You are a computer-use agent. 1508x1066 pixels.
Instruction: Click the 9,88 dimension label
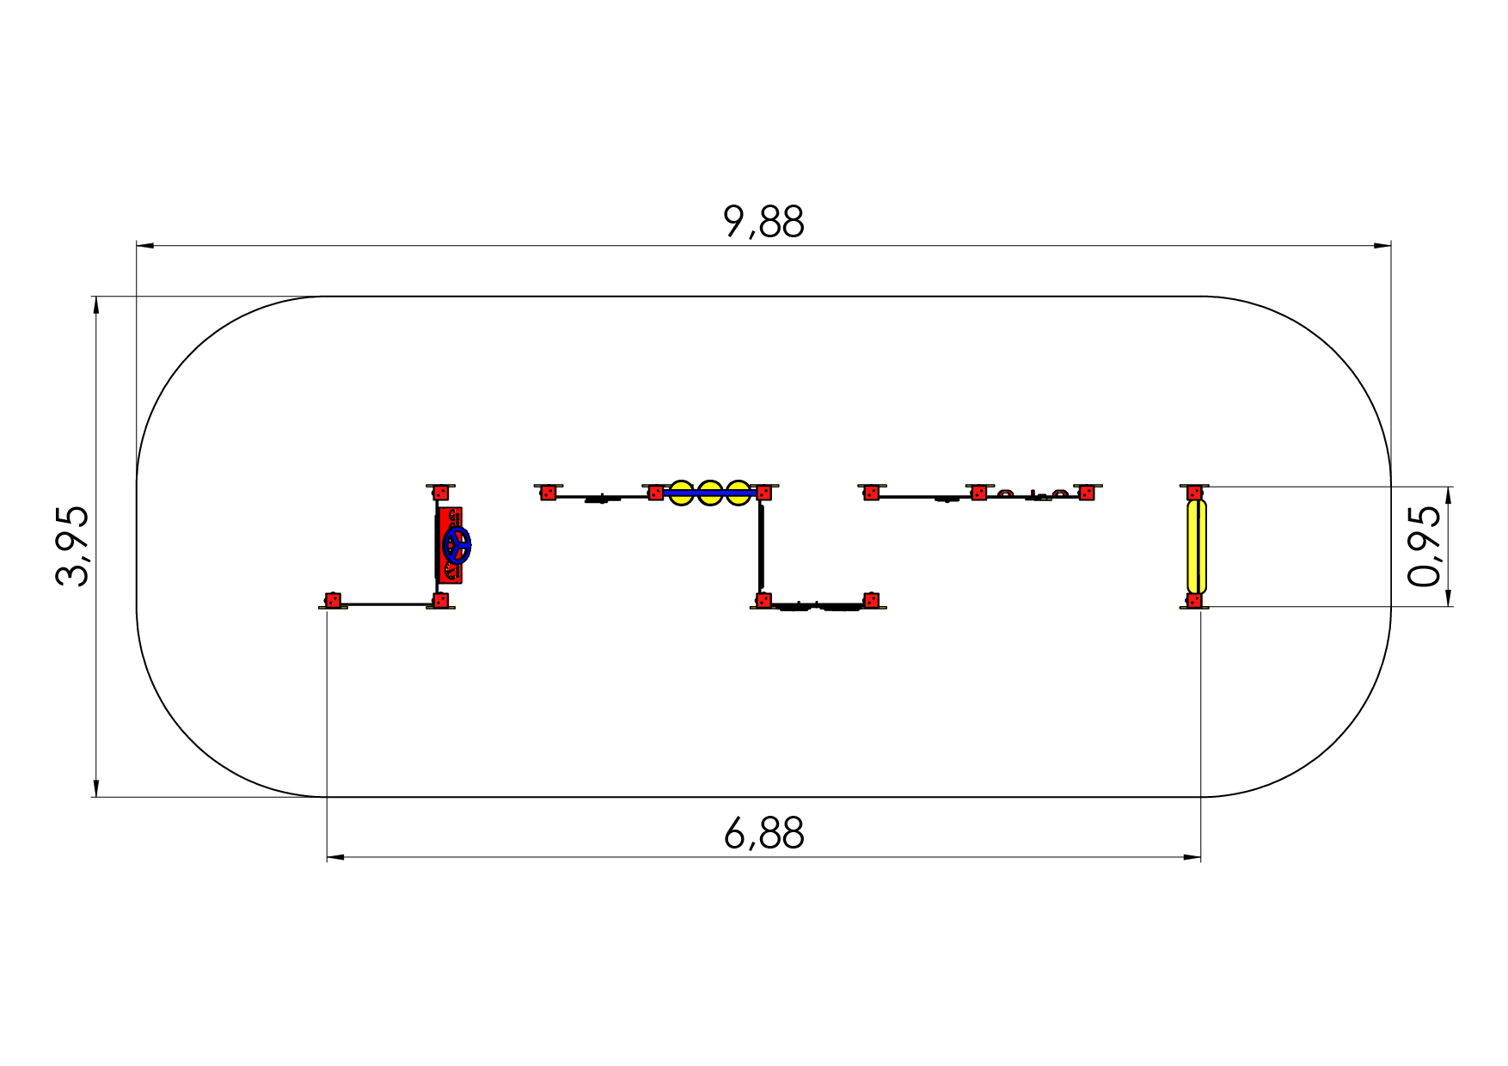point(763,222)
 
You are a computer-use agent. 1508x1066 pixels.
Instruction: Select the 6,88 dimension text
point(763,834)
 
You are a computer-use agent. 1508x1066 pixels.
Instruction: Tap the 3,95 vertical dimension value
point(72,546)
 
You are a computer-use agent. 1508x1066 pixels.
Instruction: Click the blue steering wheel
point(457,545)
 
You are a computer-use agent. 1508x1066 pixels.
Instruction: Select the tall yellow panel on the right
point(1196,546)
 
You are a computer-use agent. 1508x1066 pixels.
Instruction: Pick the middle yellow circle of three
point(709,493)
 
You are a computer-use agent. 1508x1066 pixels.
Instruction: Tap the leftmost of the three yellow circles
point(681,493)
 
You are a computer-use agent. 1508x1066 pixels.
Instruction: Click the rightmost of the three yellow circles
point(738,493)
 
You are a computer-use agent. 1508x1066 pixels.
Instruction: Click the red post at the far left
point(333,600)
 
